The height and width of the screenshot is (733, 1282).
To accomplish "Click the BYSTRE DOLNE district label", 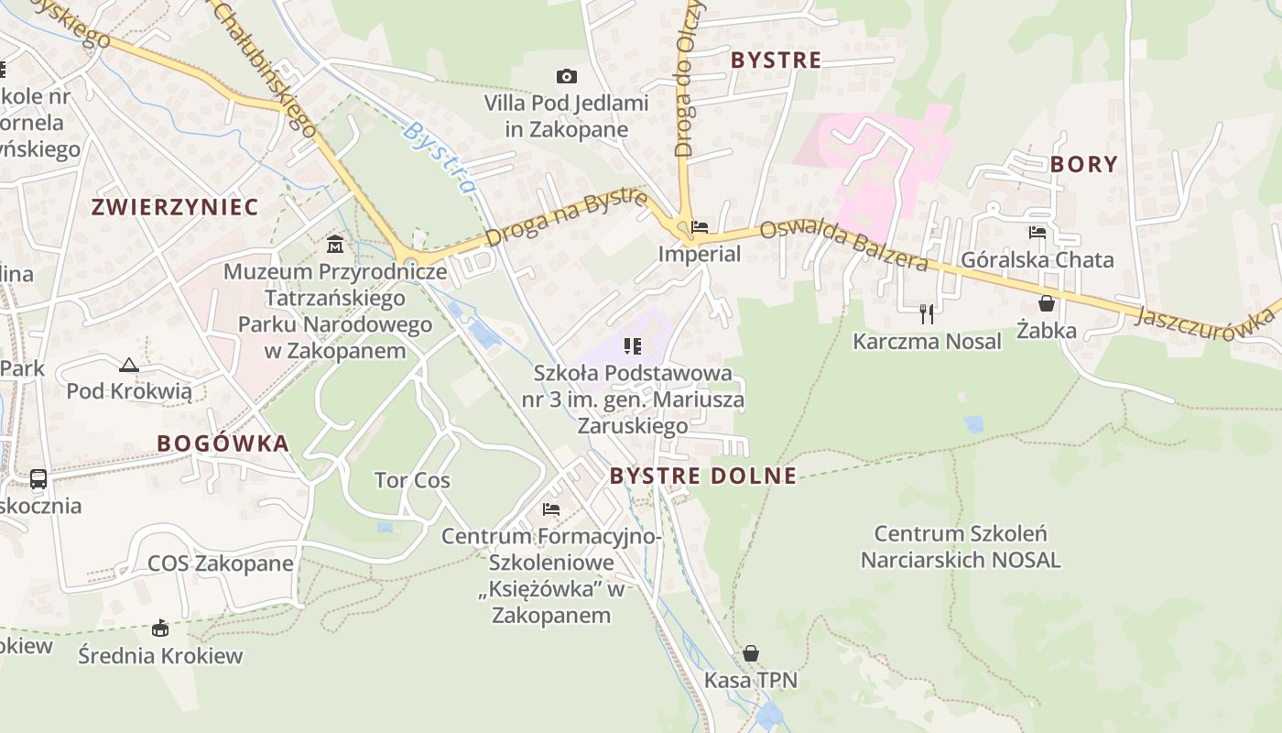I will (702, 476).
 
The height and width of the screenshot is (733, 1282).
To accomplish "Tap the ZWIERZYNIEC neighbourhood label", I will (174, 207).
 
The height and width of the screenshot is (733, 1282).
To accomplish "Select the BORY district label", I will (1084, 164).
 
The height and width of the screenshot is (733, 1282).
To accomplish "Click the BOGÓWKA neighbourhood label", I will (223, 443).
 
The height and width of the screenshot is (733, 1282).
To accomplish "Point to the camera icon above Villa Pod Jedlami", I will (567, 76).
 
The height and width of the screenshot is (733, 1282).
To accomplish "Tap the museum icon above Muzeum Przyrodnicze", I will (335, 245).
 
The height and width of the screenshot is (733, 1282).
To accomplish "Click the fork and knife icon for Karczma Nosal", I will (927, 314).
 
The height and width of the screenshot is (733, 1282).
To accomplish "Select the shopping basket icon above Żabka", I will (1047, 303).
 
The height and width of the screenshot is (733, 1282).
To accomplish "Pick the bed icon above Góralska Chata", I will (1037, 233).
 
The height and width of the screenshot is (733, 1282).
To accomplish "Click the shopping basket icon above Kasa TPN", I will (751, 653).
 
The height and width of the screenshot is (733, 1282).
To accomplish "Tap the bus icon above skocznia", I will (38, 478).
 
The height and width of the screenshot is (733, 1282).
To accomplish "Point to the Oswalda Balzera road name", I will (843, 246).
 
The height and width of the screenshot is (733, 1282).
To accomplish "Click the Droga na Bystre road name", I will (566, 218).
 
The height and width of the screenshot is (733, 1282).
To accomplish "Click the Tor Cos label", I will (412, 480).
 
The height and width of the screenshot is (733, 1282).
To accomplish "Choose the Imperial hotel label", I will (700, 254).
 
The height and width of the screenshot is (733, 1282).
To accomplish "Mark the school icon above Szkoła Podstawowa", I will (632, 345).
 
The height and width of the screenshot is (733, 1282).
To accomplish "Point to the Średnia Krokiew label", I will (160, 655).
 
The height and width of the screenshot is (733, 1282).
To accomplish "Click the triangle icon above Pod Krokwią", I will (129, 365).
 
